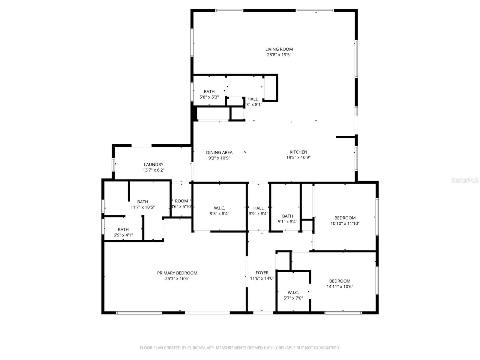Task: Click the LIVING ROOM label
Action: pyautogui.click(x=279, y=49)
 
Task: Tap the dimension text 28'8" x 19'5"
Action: pyautogui.click(x=279, y=55)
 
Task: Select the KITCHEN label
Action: pyautogui.click(x=298, y=152)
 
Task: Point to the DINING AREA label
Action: pyautogui.click(x=219, y=153)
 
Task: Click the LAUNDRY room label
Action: pyautogui.click(x=154, y=165)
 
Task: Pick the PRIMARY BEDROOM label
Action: pyautogui.click(x=177, y=273)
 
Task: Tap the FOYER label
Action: pyautogui.click(x=262, y=273)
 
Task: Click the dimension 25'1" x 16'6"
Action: pyautogui.click(x=177, y=279)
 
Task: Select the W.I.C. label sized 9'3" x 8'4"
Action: pyautogui.click(x=219, y=208)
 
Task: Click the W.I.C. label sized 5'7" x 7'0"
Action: pyautogui.click(x=293, y=293)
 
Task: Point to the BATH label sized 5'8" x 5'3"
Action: pyautogui.click(x=209, y=92)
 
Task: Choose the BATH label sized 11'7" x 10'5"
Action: pyautogui.click(x=142, y=202)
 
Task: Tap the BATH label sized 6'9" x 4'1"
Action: pyautogui.click(x=123, y=230)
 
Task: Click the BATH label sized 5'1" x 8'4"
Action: pyautogui.click(x=287, y=216)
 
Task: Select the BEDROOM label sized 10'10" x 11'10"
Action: pyautogui.click(x=345, y=218)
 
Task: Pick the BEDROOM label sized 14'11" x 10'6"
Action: pyautogui.click(x=340, y=281)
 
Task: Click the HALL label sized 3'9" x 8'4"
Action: pyautogui.click(x=258, y=208)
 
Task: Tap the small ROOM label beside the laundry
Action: pyautogui.click(x=181, y=201)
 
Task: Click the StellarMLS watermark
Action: pyautogui.click(x=465, y=180)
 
